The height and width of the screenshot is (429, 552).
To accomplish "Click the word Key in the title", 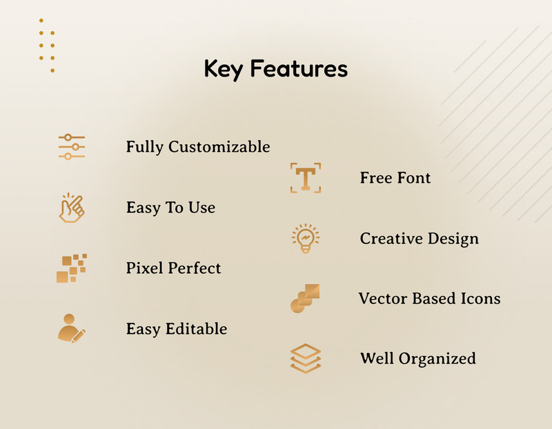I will click(x=224, y=69).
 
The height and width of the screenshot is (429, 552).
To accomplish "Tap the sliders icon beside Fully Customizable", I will click(x=72, y=147).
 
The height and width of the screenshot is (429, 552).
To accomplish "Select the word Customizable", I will click(x=219, y=147).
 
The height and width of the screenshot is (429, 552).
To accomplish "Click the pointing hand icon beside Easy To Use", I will click(x=71, y=208).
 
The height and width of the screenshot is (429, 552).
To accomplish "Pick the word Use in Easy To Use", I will click(x=201, y=208).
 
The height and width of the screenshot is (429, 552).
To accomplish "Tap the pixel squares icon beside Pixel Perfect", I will click(x=71, y=268).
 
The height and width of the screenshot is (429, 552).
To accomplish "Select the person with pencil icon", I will click(x=71, y=328).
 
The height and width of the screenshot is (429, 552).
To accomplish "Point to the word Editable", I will click(x=197, y=329).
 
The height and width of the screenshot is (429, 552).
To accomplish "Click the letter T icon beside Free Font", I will click(x=305, y=178).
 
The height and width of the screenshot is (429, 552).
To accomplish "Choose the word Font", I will click(x=414, y=178).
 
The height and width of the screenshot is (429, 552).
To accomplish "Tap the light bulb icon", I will click(x=305, y=239).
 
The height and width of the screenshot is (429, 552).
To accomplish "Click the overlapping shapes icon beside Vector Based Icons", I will click(x=305, y=299).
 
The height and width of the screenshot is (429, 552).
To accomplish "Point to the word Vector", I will click(x=382, y=299).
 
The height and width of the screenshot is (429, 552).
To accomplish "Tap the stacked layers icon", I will click(x=305, y=359).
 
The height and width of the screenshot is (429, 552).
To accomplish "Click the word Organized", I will click(x=437, y=359).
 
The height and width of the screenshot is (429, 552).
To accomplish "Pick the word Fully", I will click(x=145, y=147).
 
